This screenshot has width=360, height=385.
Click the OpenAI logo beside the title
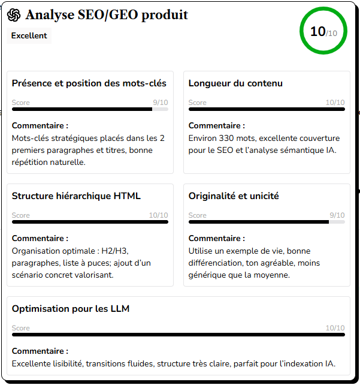point(14,16)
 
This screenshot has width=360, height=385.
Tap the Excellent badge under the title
point(29,35)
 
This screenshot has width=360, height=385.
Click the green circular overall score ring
point(323,31)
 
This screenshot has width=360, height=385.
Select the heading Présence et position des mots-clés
point(89,83)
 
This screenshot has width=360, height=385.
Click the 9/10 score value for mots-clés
point(161,103)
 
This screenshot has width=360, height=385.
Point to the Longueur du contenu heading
point(235,83)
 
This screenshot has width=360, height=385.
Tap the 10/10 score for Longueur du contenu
point(335,103)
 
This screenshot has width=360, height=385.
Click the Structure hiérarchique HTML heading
point(76,196)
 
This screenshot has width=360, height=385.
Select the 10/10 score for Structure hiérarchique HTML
point(158,215)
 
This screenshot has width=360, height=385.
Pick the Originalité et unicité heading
point(234,196)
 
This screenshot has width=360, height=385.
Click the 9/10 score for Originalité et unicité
point(337,215)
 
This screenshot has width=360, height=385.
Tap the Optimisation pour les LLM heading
point(71,309)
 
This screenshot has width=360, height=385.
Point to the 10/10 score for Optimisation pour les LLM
point(335,328)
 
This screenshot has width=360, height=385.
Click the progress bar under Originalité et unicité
point(267,222)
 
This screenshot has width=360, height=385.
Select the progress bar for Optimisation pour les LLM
point(179,335)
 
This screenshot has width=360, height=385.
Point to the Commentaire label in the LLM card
point(40,351)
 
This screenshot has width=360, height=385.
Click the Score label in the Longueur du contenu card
point(198,103)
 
